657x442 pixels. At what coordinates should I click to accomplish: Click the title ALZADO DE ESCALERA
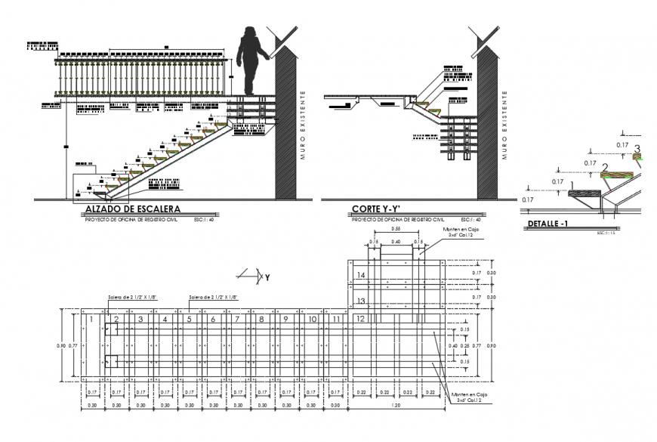131,209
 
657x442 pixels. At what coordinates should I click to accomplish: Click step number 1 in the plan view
91,320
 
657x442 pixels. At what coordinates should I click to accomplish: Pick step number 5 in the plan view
188,320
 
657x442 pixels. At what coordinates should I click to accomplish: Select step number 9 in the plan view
285,320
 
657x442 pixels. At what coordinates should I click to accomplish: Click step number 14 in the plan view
360,276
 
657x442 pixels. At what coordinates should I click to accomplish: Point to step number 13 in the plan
360,301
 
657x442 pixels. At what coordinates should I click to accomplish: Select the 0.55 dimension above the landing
395,228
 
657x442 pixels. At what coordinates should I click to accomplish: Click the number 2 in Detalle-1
604,167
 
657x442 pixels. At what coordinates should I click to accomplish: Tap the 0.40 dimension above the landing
396,242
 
